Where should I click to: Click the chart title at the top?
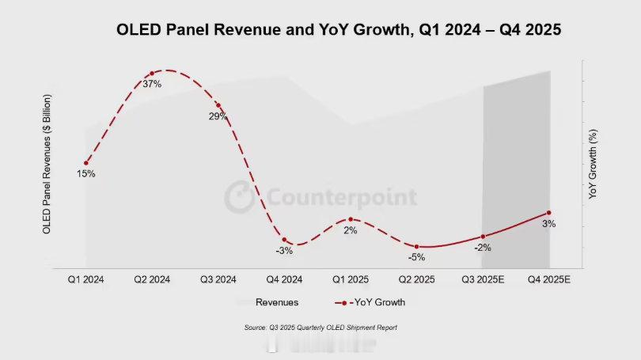click(x=339, y=30)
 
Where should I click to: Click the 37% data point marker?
click(x=152, y=74)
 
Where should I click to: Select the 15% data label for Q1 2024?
click(x=85, y=173)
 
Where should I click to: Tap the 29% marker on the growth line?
click(x=218, y=105)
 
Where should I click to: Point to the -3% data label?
click(x=285, y=251)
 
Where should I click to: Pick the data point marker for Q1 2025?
click(x=351, y=219)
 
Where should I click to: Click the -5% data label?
click(x=417, y=257)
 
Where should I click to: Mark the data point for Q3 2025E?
click(x=483, y=237)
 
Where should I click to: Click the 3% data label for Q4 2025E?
click(x=548, y=224)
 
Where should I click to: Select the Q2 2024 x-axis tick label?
click(x=152, y=279)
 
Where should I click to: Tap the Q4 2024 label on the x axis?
click(x=284, y=279)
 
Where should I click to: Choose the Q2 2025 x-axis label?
click(x=416, y=279)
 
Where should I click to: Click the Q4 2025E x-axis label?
click(x=548, y=279)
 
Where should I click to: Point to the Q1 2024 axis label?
click(x=85, y=279)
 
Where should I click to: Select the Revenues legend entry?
click(x=276, y=301)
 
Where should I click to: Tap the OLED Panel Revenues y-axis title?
click(x=47, y=164)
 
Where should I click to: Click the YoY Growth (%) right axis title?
click(x=593, y=165)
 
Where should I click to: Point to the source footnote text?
click(x=320, y=327)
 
